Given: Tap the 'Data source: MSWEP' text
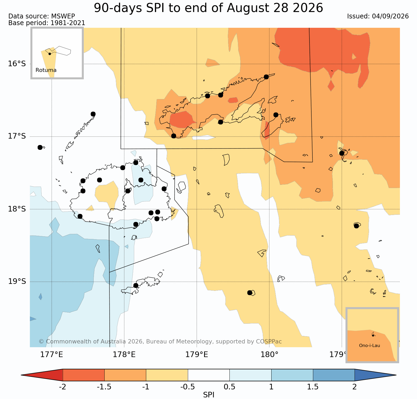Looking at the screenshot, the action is click(42, 16).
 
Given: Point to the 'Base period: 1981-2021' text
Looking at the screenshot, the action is click(47, 23).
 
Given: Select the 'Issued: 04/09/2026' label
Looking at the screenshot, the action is click(378, 16).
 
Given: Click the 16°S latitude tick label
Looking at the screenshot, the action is click(17, 64).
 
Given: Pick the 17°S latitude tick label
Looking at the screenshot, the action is click(17, 136).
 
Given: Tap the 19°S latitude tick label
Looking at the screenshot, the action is click(17, 281).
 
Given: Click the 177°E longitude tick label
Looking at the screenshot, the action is click(52, 355).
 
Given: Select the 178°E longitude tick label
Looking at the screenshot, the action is click(124, 355).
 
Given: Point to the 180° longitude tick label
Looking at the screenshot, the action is click(269, 355).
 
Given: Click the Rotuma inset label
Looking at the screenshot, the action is click(46, 70).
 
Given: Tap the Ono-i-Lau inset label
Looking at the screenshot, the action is click(370, 346).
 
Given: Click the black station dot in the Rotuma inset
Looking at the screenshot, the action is click(50, 54).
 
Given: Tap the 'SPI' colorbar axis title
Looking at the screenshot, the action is click(209, 395).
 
